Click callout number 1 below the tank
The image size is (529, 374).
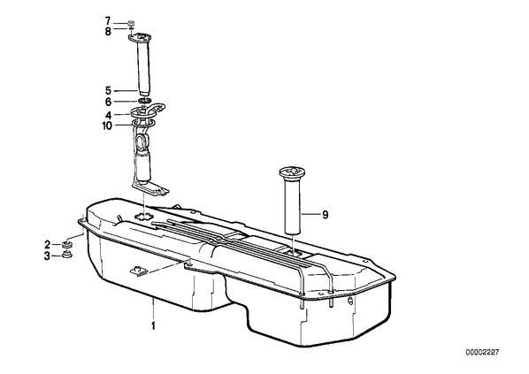coord(153,326)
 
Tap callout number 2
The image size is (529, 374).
coord(47,244)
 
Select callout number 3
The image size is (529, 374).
coord(47,256)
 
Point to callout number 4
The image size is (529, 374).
coord(108,115)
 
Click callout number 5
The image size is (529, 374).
coord(108,91)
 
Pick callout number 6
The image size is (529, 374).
coord(108,102)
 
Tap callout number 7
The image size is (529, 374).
coord(108,21)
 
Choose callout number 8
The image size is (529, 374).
coord(108,32)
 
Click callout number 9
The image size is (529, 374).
coord(325,215)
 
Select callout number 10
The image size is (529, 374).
coord(107,126)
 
